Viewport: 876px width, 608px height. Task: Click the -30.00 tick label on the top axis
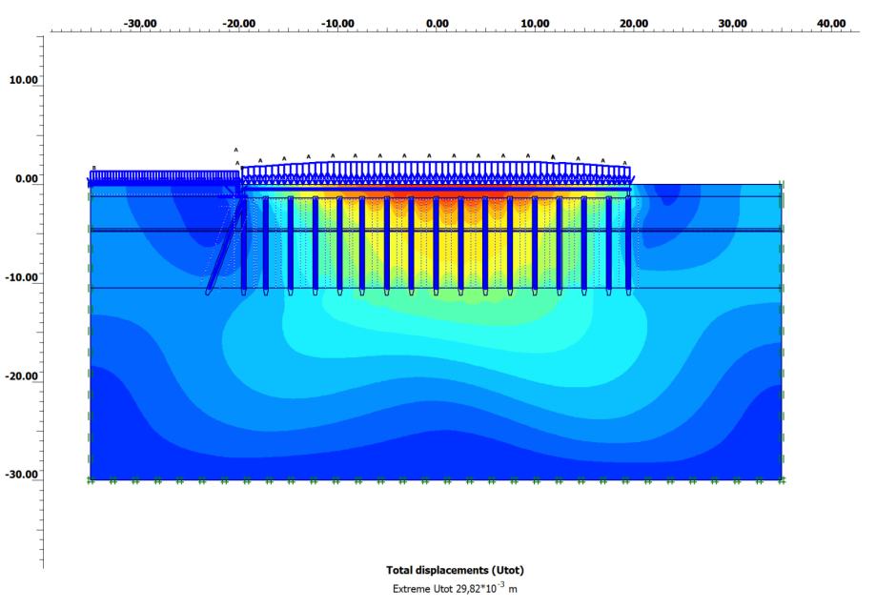pyautogui.click(x=140, y=24)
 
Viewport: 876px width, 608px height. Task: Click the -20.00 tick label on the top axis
pyautogui.click(x=239, y=24)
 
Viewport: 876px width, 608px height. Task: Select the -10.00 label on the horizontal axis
pyautogui.click(x=337, y=24)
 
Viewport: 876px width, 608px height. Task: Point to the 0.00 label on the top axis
pyautogui.click(x=437, y=24)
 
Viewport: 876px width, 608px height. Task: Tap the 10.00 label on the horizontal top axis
pyautogui.click(x=535, y=24)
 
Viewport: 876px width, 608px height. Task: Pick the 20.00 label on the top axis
pyautogui.click(x=634, y=24)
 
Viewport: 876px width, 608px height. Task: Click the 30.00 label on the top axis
pyautogui.click(x=732, y=24)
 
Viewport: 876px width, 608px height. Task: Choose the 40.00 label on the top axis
pyautogui.click(x=831, y=24)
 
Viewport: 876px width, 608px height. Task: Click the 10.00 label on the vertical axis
pyautogui.click(x=24, y=80)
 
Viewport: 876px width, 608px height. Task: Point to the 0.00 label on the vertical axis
pyautogui.click(x=27, y=178)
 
